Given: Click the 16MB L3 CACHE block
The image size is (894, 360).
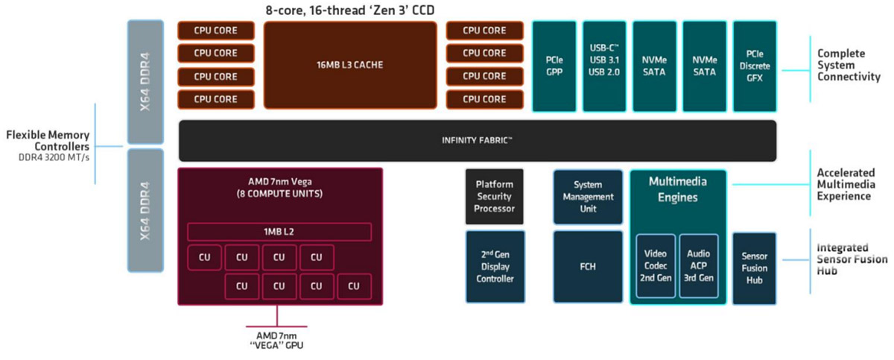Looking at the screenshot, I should (350, 65).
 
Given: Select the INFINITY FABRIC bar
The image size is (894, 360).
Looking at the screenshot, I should (478, 140).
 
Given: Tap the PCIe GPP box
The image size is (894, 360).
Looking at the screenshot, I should (555, 66).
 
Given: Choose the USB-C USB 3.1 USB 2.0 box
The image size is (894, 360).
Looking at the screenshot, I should (604, 66).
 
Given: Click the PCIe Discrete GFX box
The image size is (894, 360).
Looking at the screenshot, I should (755, 66).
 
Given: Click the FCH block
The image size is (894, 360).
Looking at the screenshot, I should (587, 267).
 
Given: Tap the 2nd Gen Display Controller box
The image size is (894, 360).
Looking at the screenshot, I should (495, 267).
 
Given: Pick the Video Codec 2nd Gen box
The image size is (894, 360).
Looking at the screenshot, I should (655, 267).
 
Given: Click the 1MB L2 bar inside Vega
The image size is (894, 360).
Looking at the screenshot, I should (279, 232).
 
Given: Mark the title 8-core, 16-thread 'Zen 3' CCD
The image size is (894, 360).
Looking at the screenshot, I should (349, 10).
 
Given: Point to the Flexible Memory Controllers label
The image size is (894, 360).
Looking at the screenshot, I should (48, 140).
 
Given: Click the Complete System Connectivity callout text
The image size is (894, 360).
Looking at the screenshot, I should (849, 66).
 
